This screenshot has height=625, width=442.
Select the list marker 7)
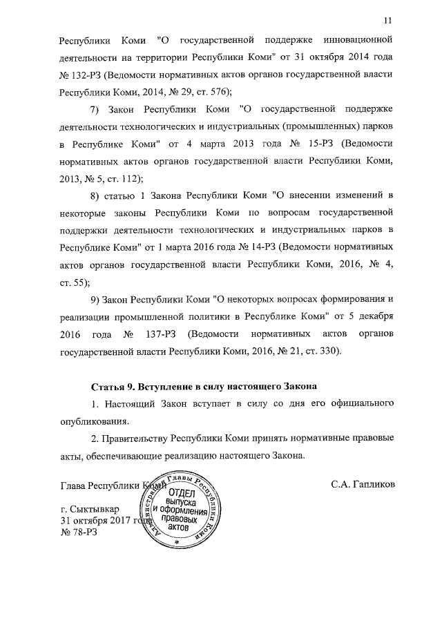96,110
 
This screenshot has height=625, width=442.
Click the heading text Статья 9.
116,384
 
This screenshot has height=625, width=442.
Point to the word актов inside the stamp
182,528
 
